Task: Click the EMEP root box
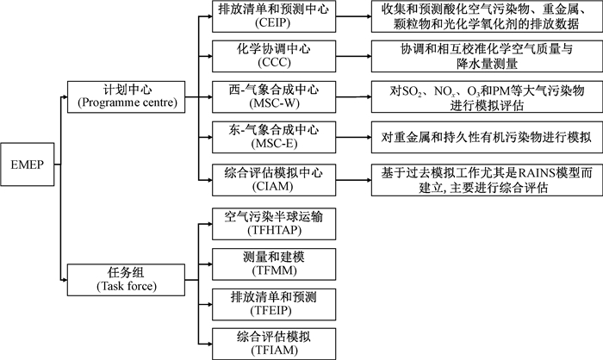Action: tap(28, 164)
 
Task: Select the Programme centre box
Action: tap(126, 97)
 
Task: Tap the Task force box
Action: tap(126, 280)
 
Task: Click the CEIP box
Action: tap(274, 16)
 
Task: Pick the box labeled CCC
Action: tap(274, 56)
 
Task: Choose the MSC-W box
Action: tap(274, 97)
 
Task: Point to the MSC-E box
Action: tap(274, 137)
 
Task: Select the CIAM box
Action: tap(274, 180)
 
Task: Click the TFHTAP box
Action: tap(274, 224)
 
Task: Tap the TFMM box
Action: tap(274, 264)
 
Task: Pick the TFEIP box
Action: tap(274, 304)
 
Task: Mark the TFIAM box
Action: tap(274, 344)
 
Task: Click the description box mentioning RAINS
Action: tap(487, 180)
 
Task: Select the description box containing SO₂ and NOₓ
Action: tap(487, 97)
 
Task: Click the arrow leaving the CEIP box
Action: tap(353, 16)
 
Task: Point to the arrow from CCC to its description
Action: tap(353, 57)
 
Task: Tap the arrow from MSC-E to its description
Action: tap(353, 137)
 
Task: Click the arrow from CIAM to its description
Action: tap(353, 180)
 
